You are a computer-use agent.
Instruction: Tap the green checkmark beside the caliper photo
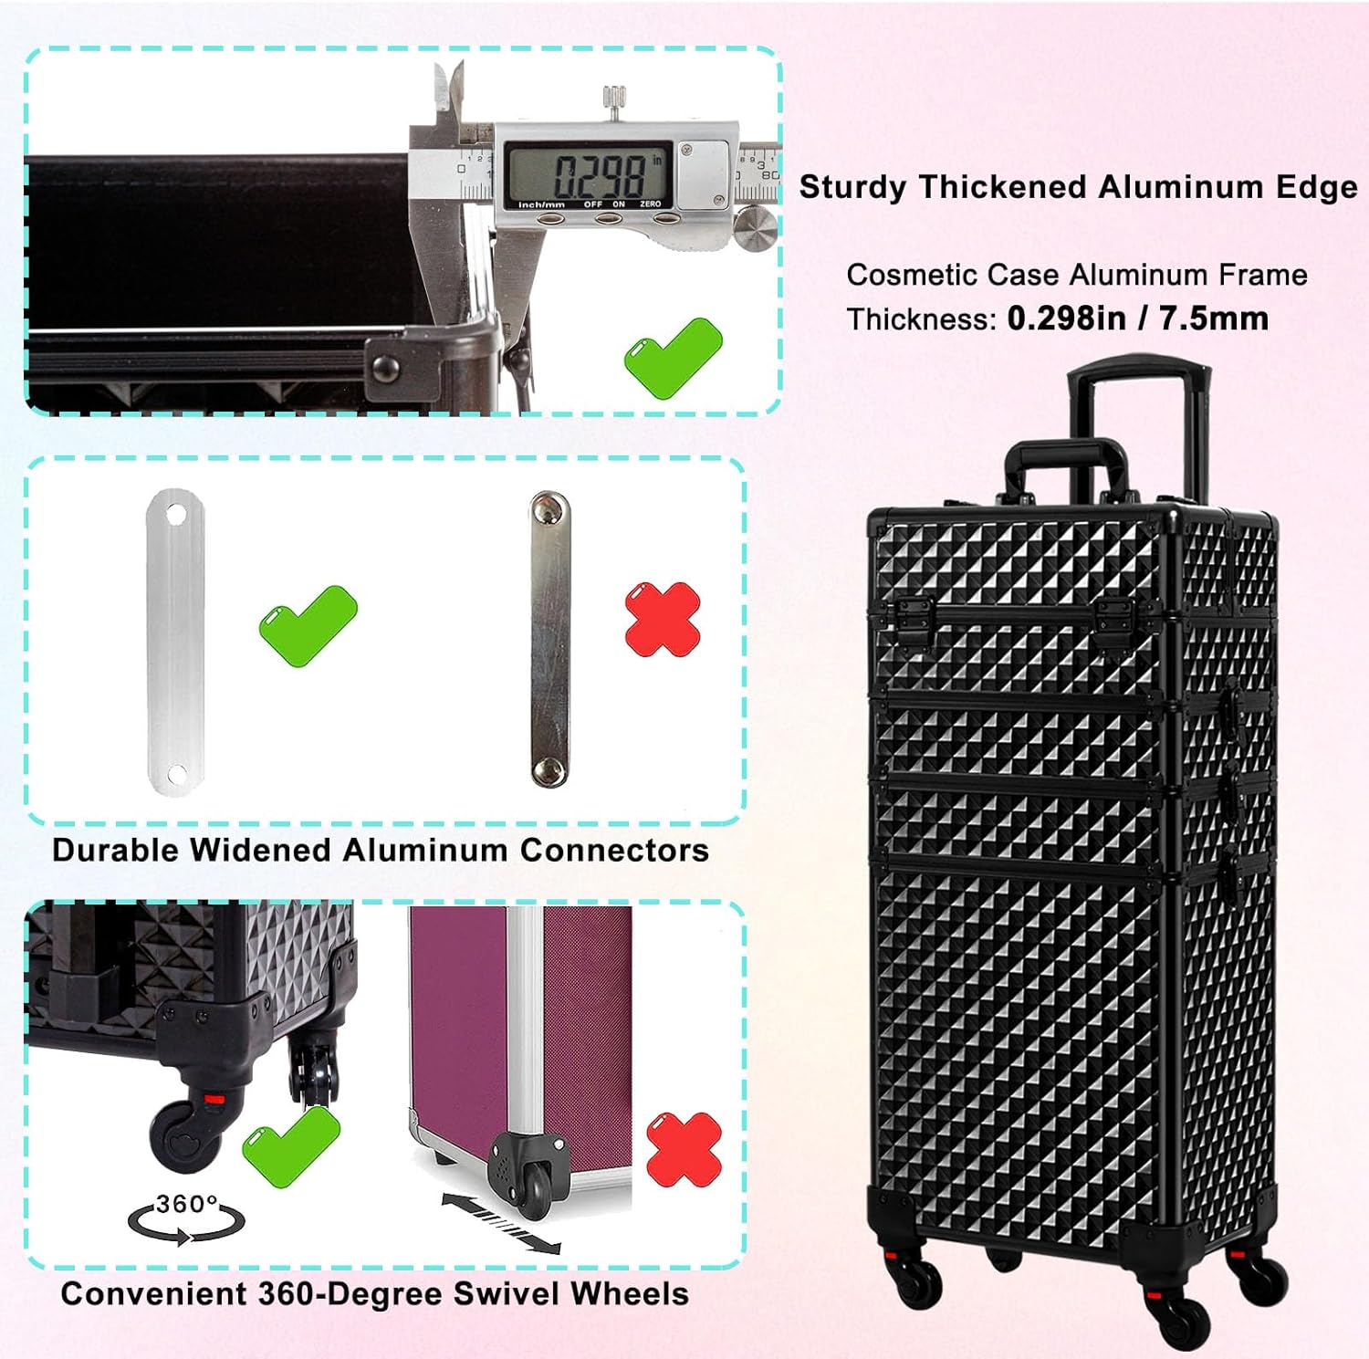click(x=673, y=357)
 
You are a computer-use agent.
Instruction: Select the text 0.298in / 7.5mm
click(x=1137, y=319)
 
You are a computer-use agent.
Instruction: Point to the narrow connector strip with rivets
click(x=549, y=639)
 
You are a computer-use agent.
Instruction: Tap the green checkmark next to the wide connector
click(x=308, y=624)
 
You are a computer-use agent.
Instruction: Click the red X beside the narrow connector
click(x=663, y=620)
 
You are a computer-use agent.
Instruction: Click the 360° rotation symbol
click(x=186, y=1218)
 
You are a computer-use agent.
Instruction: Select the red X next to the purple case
click(x=684, y=1149)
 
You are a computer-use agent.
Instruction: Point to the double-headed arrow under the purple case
click(x=500, y=1222)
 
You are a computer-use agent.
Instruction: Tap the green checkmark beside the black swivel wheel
click(x=291, y=1145)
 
